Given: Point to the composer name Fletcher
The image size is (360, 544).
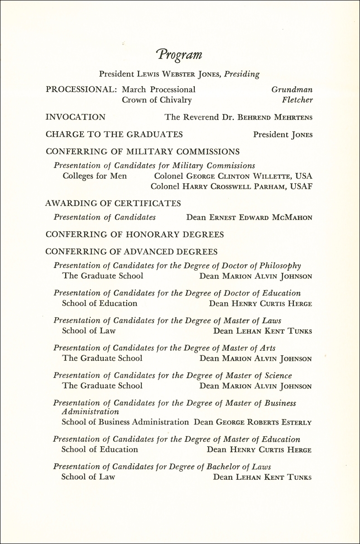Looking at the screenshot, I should pyautogui.click(x=297, y=100).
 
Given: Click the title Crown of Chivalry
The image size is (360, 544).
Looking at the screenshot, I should pyautogui.click(x=157, y=100).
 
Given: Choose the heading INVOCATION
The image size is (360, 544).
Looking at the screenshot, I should pyautogui.click(x=76, y=117).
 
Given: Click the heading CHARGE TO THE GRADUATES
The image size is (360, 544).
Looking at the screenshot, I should pyautogui.click(x=114, y=134).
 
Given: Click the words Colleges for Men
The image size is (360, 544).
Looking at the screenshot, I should pyautogui.click(x=95, y=176).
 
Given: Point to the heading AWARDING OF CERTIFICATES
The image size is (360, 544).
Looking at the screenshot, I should pyautogui.click(x=113, y=204).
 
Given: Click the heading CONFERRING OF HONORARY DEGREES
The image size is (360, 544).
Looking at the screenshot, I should pyautogui.click(x=135, y=235).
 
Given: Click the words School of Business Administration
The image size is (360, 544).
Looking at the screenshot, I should pyautogui.click(x=125, y=422).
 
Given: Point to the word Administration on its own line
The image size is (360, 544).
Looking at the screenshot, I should pyautogui.click(x=90, y=412).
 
